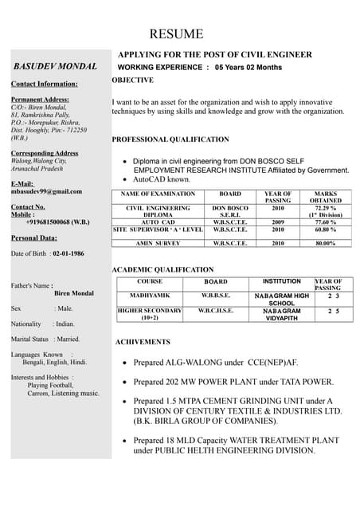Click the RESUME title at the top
point(176,34)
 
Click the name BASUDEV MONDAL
point(55,66)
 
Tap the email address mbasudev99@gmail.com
point(46,191)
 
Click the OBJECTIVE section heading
point(133,80)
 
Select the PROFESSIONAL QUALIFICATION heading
point(170,139)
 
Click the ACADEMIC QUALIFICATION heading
point(162,270)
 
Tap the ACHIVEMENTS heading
point(143,342)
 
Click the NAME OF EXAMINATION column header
point(157,194)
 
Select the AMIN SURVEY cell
point(158,243)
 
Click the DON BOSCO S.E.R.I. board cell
point(230,211)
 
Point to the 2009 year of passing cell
point(278,222)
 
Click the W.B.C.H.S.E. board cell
point(216,310)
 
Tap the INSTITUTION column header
point(281,281)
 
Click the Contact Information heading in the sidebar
point(44,84)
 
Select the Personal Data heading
point(33,237)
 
